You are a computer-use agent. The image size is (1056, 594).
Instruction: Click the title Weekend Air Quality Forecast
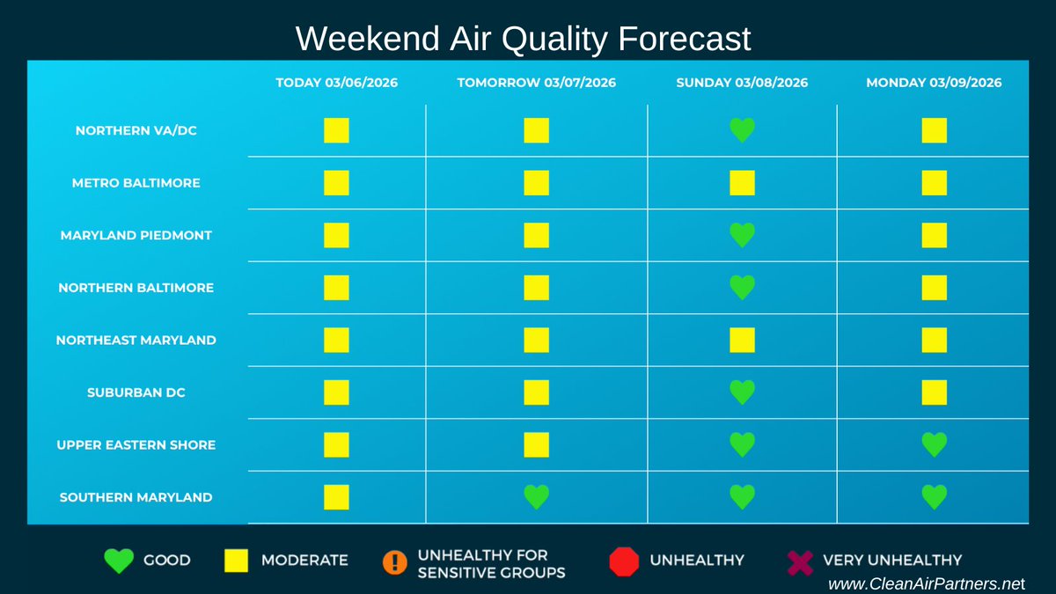coord(523,39)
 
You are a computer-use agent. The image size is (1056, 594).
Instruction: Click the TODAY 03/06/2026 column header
coord(336,83)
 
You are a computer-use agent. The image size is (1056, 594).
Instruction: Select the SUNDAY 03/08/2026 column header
coord(742,83)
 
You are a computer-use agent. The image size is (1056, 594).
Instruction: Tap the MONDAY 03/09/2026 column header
coord(934,83)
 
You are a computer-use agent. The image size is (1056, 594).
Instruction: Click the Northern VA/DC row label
coord(136,130)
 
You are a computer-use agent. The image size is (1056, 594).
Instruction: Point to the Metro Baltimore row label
coord(136,183)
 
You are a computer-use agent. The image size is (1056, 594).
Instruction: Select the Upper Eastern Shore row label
coord(136,444)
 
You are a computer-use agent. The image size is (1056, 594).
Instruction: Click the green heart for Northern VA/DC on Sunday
coord(742,130)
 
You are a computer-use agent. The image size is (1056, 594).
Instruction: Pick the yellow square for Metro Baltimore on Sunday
coord(742,183)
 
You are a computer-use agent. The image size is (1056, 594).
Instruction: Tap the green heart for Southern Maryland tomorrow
coord(536,497)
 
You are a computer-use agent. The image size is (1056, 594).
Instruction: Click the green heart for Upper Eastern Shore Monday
coord(934,444)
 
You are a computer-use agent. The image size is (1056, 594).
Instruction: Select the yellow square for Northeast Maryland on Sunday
coord(742,340)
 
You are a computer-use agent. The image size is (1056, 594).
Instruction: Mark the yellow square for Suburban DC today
coord(336,392)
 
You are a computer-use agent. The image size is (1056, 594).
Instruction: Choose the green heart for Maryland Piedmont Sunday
coord(742,235)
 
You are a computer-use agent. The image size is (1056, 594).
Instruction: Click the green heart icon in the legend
coord(119,561)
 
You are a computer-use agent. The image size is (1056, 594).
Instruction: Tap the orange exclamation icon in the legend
coord(395,561)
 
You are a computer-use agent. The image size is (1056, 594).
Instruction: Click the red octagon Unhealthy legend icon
coord(624,561)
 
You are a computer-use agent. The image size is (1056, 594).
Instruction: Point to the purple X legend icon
coord(800,561)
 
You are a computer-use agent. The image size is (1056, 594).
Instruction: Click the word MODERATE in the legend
coord(304,560)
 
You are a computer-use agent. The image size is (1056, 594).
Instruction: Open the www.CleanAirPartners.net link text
coord(927,583)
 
